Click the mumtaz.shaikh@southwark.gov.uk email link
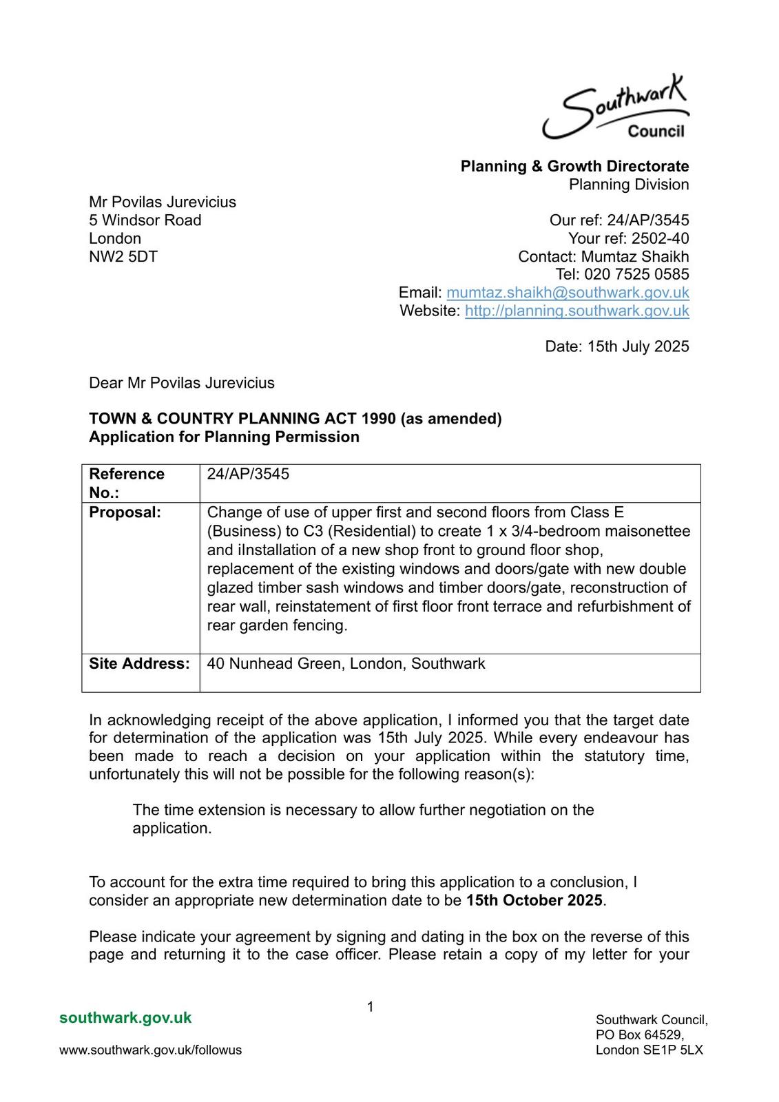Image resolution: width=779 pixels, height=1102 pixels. [568, 293]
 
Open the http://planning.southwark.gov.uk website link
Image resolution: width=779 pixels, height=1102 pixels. [577, 311]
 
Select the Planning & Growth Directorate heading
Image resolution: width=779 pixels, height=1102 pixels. [574, 166]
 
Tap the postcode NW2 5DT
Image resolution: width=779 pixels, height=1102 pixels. [123, 256]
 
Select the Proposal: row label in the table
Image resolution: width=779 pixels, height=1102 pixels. [125, 512]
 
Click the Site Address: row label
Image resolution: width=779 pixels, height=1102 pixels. [139, 664]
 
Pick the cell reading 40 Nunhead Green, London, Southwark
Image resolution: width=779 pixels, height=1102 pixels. [346, 664]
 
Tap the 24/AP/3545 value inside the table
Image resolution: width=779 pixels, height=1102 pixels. [248, 474]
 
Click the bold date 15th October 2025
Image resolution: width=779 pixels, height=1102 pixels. [534, 900]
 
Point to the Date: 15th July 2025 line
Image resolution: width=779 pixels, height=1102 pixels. [616, 346]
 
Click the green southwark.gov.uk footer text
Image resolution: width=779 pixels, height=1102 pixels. [125, 1018]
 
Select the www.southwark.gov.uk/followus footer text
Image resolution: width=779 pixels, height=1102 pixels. [150, 1050]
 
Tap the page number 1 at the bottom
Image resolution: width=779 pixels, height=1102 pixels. [370, 1007]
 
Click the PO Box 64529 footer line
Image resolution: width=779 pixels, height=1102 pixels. [639, 1035]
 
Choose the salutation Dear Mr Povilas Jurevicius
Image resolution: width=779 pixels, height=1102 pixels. [181, 383]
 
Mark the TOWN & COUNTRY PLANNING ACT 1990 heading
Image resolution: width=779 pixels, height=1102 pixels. [295, 419]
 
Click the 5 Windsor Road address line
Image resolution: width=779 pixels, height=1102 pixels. [145, 220]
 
